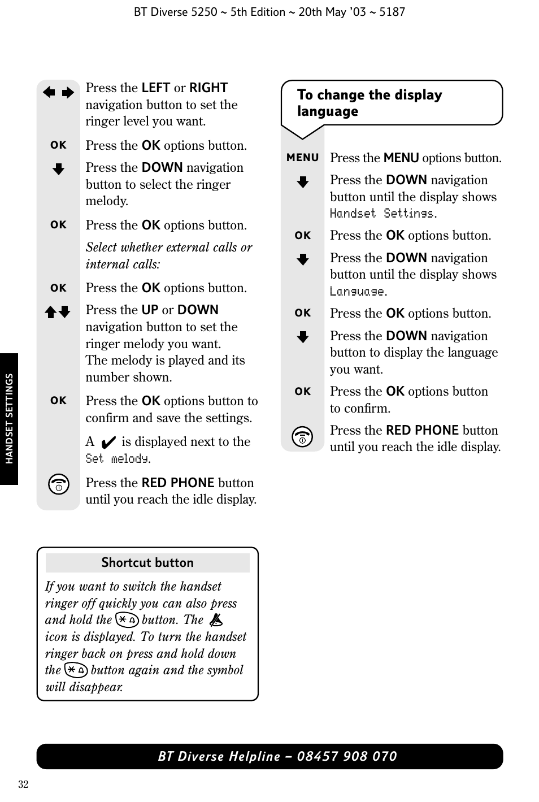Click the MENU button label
(302, 158)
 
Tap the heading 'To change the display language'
(370, 103)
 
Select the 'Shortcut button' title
(147, 562)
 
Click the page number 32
(23, 784)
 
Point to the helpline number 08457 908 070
(347, 756)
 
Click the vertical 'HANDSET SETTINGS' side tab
(9, 419)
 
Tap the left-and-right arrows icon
(58, 93)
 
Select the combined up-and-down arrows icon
(58, 311)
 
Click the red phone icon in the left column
(59, 485)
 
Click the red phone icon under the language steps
(303, 437)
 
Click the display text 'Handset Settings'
(382, 214)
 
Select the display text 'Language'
(358, 292)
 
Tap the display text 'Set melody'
(118, 459)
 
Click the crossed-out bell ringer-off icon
(216, 620)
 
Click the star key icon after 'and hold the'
(127, 620)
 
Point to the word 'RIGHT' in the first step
(208, 88)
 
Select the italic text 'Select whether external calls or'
(169, 248)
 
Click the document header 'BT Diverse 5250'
(175, 12)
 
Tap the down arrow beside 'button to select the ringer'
(58, 169)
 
